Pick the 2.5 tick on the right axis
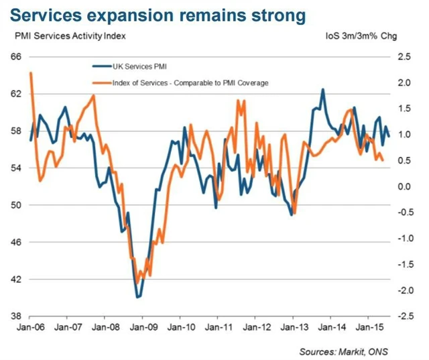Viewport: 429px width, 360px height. (x=404, y=57)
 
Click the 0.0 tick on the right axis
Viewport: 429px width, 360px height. (x=404, y=186)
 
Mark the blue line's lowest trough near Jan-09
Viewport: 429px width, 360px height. (x=138, y=296)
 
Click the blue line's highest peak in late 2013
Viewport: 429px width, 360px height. (x=323, y=89)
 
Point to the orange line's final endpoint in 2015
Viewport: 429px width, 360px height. (x=383, y=160)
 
